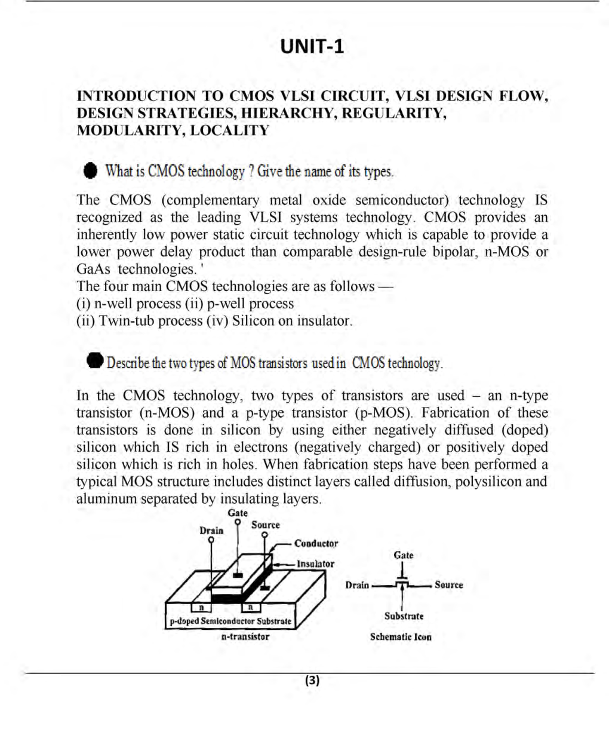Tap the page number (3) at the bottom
point(312,680)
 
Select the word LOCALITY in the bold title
point(227,130)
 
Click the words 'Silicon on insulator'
point(292,321)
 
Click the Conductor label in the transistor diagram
point(316,544)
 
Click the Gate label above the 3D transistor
point(238,513)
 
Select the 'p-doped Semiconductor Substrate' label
point(230,621)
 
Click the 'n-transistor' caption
point(245,637)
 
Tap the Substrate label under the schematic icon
point(404,616)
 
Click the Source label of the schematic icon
point(448,585)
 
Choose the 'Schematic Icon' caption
point(401,637)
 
